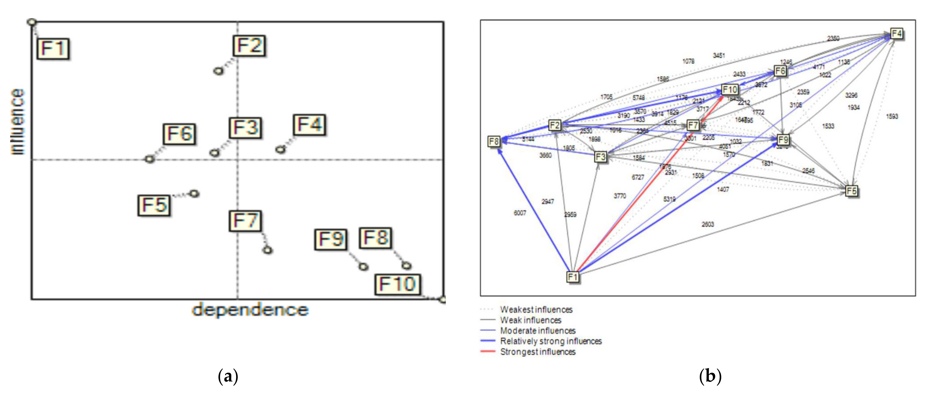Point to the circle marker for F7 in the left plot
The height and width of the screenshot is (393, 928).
pos(267,250)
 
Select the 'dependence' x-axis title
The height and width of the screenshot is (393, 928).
pos(250,310)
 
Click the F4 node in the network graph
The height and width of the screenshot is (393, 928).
pos(896,34)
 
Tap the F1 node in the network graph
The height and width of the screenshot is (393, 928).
pos(573,277)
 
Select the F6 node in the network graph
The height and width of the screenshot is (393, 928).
pos(780,71)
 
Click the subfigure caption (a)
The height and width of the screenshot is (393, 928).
pos(228,377)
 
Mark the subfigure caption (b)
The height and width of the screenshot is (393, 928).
pos(710,377)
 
